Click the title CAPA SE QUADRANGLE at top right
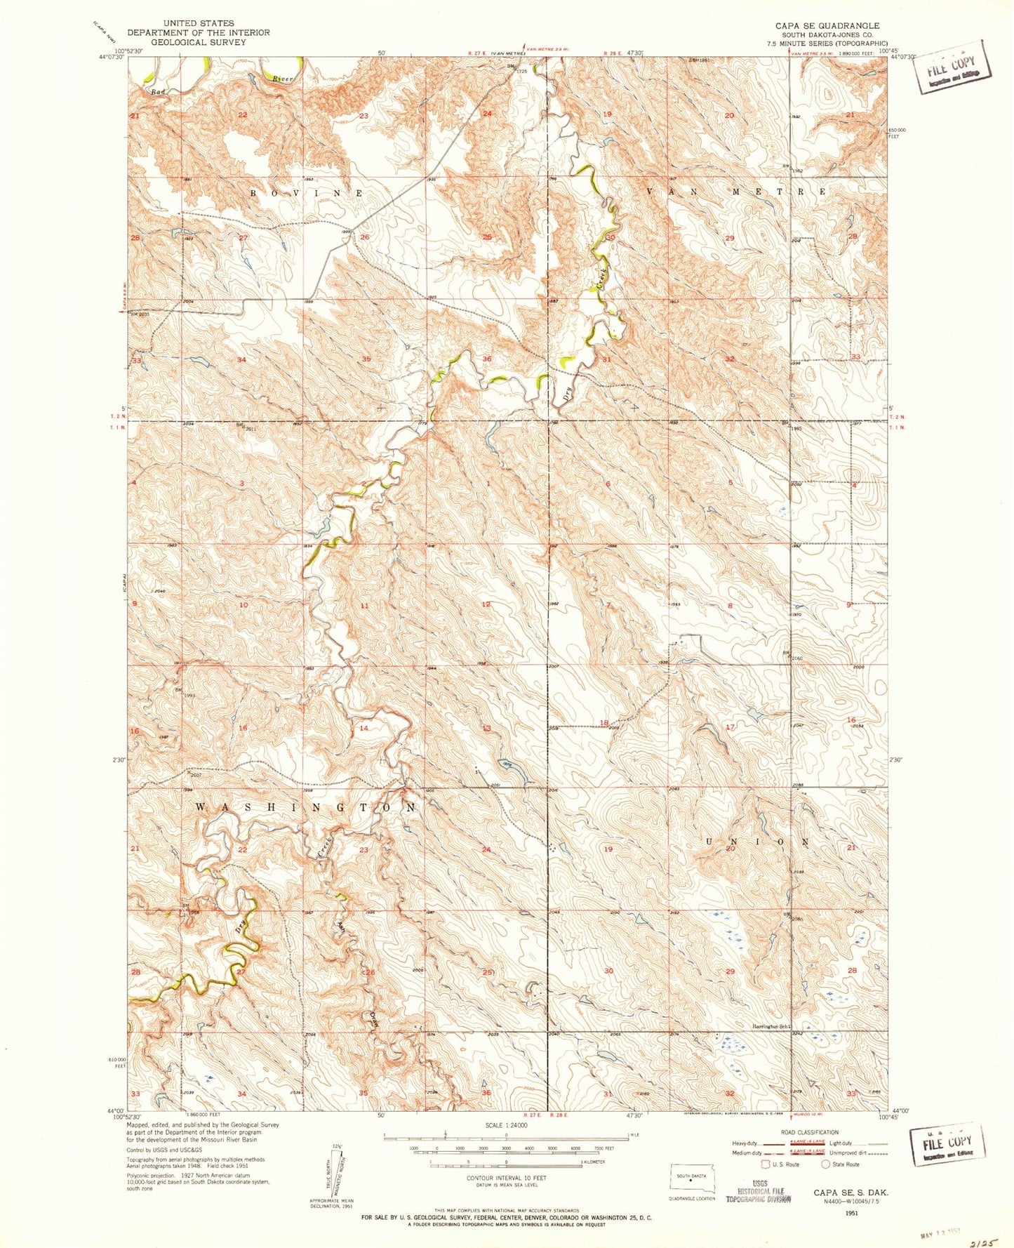[827, 25]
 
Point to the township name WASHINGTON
[305, 808]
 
